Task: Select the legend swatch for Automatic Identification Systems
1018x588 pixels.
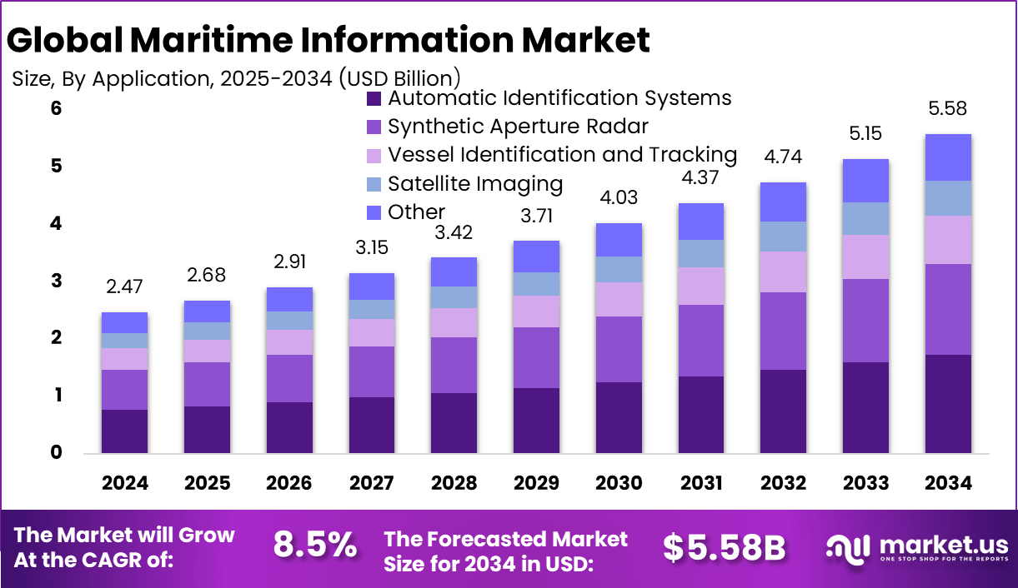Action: click(374, 99)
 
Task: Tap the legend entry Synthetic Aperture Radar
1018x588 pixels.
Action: click(518, 127)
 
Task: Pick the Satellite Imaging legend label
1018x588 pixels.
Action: click(475, 183)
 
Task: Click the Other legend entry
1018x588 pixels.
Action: click(416, 212)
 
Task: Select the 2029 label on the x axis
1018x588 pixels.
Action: click(536, 484)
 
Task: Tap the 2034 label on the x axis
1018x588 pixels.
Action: click(948, 484)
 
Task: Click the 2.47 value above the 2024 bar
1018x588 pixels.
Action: click(125, 287)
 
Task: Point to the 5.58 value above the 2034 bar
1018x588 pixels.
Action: click(948, 109)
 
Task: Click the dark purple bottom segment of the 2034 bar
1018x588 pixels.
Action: click(948, 404)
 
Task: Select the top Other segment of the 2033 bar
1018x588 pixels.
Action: click(865, 181)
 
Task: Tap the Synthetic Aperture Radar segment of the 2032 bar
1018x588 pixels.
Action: click(783, 331)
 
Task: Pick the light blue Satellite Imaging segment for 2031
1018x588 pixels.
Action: click(700, 253)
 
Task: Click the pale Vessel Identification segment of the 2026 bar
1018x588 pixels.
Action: click(289, 342)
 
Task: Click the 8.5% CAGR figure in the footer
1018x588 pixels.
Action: click(315, 546)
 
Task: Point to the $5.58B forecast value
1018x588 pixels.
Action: click(725, 547)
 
